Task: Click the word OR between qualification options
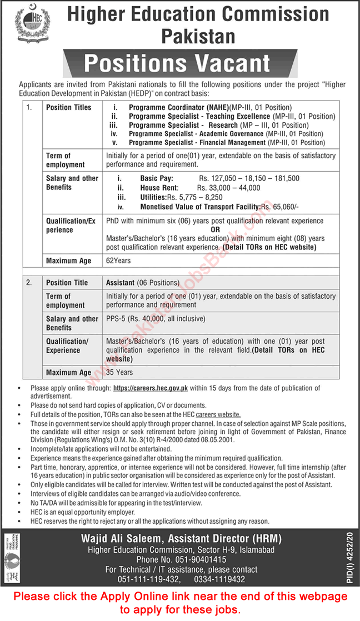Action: [x=216, y=229]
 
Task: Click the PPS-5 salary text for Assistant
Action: [x=156, y=319]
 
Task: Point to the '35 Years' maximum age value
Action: [x=119, y=372]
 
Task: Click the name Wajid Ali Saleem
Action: [x=118, y=538]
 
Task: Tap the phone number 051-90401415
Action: [x=199, y=560]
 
